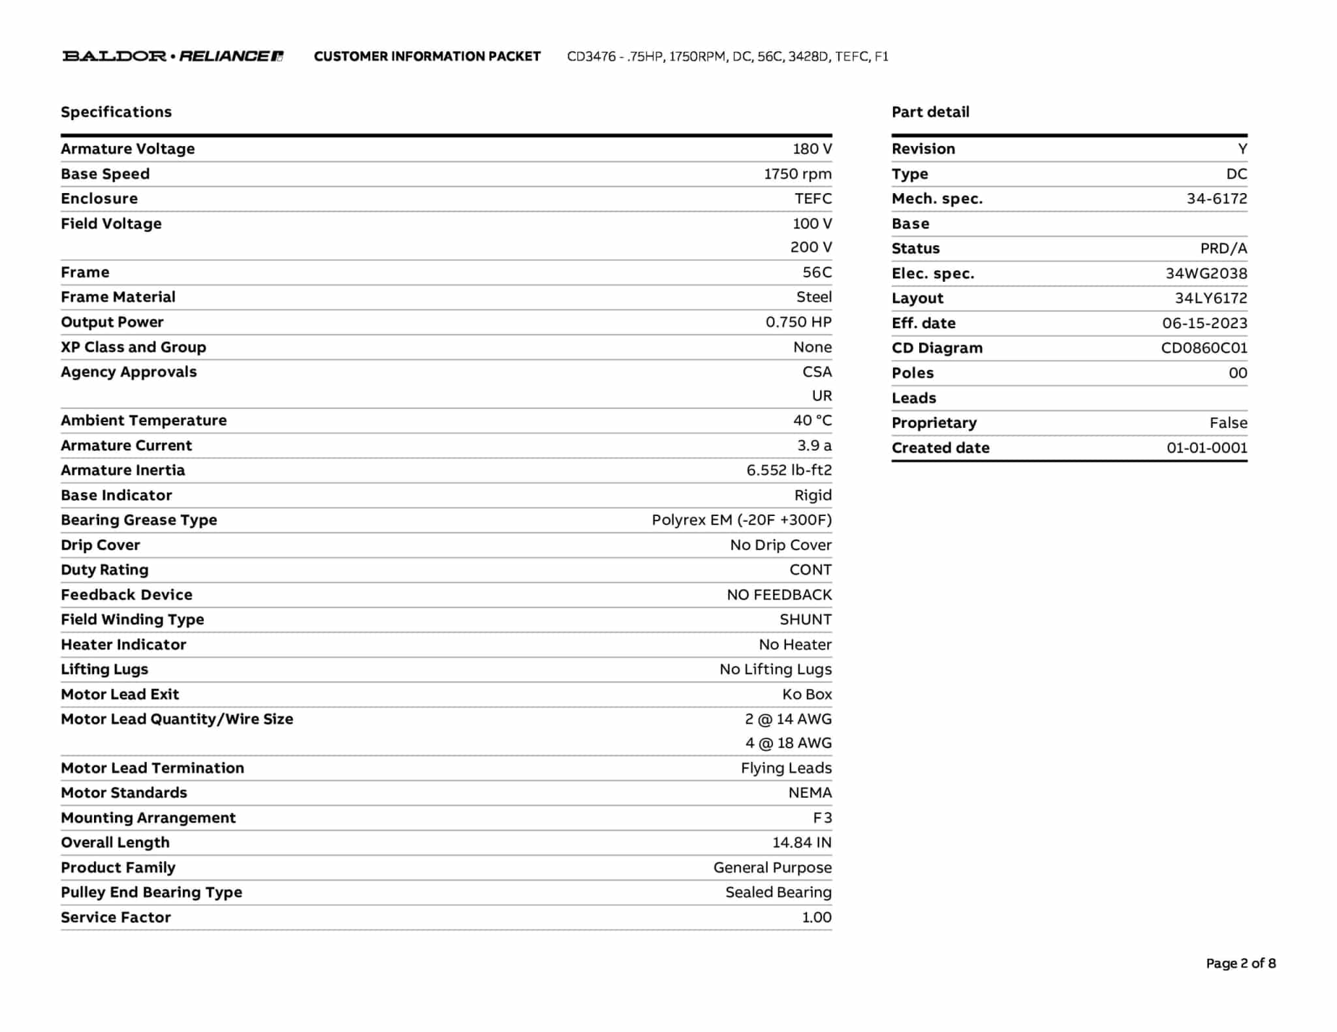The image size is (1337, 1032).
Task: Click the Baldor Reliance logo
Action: pyautogui.click(x=173, y=56)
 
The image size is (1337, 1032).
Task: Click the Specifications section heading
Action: pyautogui.click(x=116, y=112)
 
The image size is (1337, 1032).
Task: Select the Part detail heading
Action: pyautogui.click(x=930, y=112)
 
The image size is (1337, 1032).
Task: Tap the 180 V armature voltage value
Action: pyautogui.click(x=812, y=149)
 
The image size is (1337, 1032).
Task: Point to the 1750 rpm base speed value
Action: pyautogui.click(x=798, y=174)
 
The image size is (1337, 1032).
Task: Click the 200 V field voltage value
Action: pyautogui.click(x=811, y=247)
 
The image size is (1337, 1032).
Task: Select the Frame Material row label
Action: pyautogui.click(x=118, y=297)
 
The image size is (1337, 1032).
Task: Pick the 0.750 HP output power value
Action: pyautogui.click(x=798, y=322)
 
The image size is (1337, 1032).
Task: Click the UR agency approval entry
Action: pyautogui.click(x=821, y=396)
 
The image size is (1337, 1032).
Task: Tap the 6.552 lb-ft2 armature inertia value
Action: pyautogui.click(x=789, y=470)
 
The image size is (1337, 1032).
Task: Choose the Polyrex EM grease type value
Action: pyautogui.click(x=742, y=520)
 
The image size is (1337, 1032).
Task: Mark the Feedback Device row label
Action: pyautogui.click(x=127, y=595)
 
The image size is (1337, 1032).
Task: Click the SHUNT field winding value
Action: pyautogui.click(x=806, y=620)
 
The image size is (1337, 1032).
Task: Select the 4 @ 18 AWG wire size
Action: pyautogui.click(x=789, y=743)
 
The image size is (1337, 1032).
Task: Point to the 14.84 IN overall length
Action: pyautogui.click(x=802, y=843)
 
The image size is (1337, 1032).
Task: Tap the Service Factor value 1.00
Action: pyautogui.click(x=817, y=918)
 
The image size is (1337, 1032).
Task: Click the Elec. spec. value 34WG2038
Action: pyautogui.click(x=1206, y=273)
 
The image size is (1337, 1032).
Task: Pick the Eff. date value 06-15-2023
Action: pyautogui.click(x=1204, y=323)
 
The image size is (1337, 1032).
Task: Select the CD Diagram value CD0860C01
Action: pyautogui.click(x=1204, y=348)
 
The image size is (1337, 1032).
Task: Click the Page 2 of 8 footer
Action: pyautogui.click(x=1240, y=964)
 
